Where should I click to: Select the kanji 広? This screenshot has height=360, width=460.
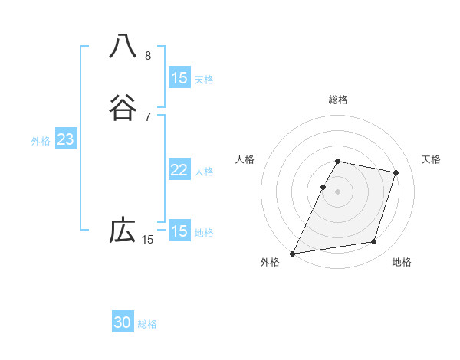(x=123, y=230)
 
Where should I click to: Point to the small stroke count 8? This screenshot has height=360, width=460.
(x=147, y=56)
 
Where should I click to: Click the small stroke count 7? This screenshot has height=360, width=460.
(x=147, y=116)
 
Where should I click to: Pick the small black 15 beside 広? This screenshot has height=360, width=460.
(x=147, y=240)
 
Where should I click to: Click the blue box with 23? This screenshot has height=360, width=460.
(x=65, y=139)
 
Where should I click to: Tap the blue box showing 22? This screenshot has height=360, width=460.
(x=179, y=170)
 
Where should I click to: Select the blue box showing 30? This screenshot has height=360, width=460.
(x=123, y=322)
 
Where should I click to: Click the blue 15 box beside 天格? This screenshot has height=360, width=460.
(x=179, y=77)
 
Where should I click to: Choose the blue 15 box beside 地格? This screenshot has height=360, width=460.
(x=179, y=231)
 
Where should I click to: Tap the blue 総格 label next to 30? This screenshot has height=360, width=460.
(x=147, y=324)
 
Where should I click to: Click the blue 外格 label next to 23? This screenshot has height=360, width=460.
(x=41, y=141)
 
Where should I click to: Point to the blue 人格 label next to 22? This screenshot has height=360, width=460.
(x=204, y=172)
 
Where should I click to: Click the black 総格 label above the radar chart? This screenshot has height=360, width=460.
(x=338, y=100)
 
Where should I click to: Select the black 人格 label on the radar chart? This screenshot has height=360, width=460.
(x=245, y=159)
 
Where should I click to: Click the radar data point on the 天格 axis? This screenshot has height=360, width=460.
(x=396, y=172)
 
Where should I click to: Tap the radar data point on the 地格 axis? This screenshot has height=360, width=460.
(x=374, y=242)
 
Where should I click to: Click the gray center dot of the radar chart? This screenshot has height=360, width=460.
(x=338, y=191)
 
